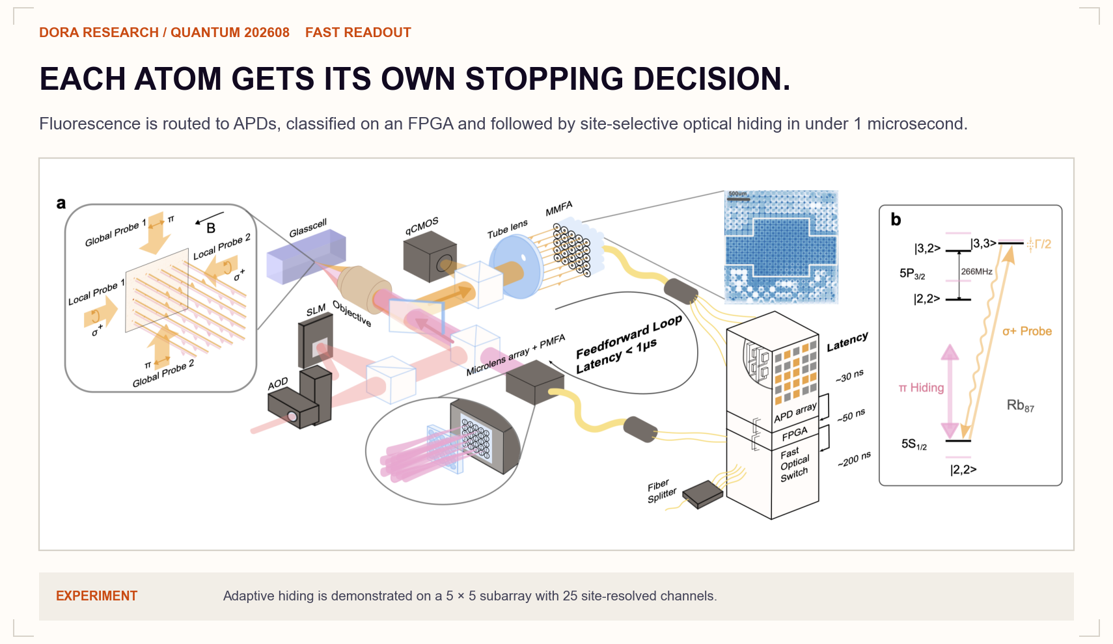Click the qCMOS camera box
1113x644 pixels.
[430, 256]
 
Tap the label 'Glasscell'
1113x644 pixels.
[308, 228]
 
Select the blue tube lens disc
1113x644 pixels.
[515, 266]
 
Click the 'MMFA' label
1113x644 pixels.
[559, 209]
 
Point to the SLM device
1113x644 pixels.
[316, 342]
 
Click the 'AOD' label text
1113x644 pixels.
[278, 383]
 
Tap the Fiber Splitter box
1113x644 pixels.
[702, 494]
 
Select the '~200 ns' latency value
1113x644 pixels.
[854, 459]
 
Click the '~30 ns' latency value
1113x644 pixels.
[849, 376]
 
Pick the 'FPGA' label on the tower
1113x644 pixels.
[795, 434]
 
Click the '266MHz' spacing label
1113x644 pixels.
[976, 272]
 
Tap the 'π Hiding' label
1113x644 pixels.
[921, 387]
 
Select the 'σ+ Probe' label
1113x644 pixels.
[1027, 331]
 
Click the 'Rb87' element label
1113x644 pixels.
[1020, 406]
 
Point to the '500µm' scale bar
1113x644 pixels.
[738, 199]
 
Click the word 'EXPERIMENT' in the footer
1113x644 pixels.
[96, 596]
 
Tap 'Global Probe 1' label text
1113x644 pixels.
[115, 234]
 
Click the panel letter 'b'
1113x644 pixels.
[896, 219]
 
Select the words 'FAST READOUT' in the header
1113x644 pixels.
[358, 33]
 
